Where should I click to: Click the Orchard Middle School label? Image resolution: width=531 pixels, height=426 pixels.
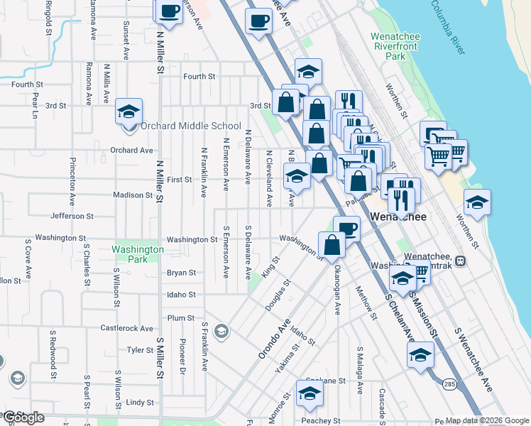point(190,126)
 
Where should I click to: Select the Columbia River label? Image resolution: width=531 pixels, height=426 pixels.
point(449,27)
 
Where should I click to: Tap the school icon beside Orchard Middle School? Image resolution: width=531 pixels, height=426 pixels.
point(129,113)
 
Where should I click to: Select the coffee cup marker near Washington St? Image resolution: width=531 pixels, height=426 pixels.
point(346,229)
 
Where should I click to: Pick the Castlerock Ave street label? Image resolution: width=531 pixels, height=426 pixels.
point(126,329)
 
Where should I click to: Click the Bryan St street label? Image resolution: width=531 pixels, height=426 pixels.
point(181,273)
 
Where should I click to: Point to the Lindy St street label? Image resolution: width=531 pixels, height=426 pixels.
point(140,403)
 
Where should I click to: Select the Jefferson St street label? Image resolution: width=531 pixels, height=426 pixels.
point(72,216)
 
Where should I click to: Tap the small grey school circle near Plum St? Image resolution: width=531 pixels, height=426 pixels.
point(221,331)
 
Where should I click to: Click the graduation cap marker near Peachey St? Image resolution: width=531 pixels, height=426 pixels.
point(310,393)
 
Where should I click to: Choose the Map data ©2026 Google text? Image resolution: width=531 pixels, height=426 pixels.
point(488,420)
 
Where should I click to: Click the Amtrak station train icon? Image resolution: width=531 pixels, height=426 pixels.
point(461,261)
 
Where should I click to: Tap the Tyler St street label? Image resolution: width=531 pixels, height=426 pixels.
point(135,350)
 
